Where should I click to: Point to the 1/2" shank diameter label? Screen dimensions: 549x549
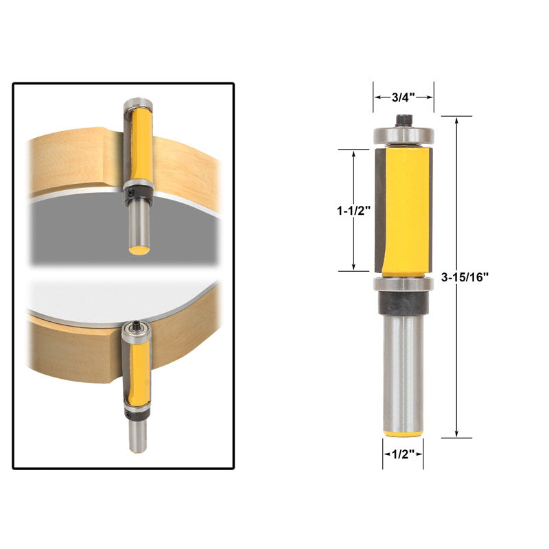click(403, 454)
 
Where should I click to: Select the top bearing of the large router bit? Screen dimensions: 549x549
click(403, 136)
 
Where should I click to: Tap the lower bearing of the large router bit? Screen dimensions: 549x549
click(403, 285)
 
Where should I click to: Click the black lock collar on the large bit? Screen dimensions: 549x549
click(403, 302)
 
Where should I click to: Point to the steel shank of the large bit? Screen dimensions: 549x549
click(403, 371)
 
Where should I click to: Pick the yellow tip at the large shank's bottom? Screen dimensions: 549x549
click(403, 432)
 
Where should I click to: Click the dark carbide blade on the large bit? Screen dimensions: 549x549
click(379, 209)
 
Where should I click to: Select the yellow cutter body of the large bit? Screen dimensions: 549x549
click(407, 209)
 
